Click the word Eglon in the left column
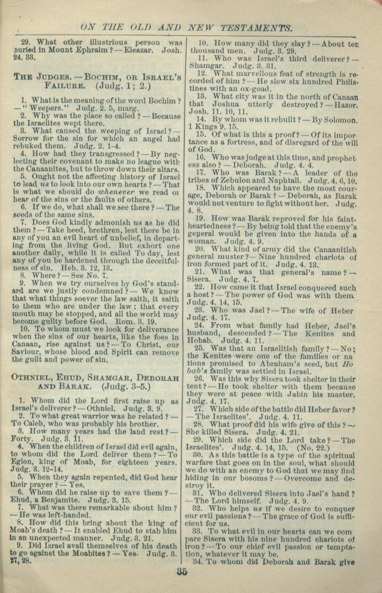coord(21,462)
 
